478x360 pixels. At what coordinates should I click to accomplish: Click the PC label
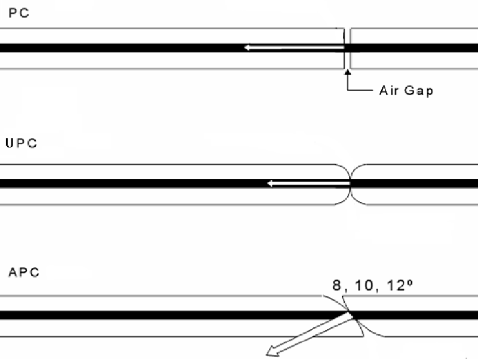coord(19,13)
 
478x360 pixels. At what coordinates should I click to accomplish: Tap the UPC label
coord(22,143)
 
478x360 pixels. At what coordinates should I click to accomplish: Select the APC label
coord(24,272)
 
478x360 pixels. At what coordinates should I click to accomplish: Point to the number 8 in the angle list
coord(336,285)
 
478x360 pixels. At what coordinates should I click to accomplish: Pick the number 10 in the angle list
coord(364,285)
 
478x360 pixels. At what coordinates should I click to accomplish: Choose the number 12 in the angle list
coord(396,285)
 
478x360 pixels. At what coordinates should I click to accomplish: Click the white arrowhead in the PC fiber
coord(247,47)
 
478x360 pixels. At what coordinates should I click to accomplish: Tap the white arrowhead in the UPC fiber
coord(271,183)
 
